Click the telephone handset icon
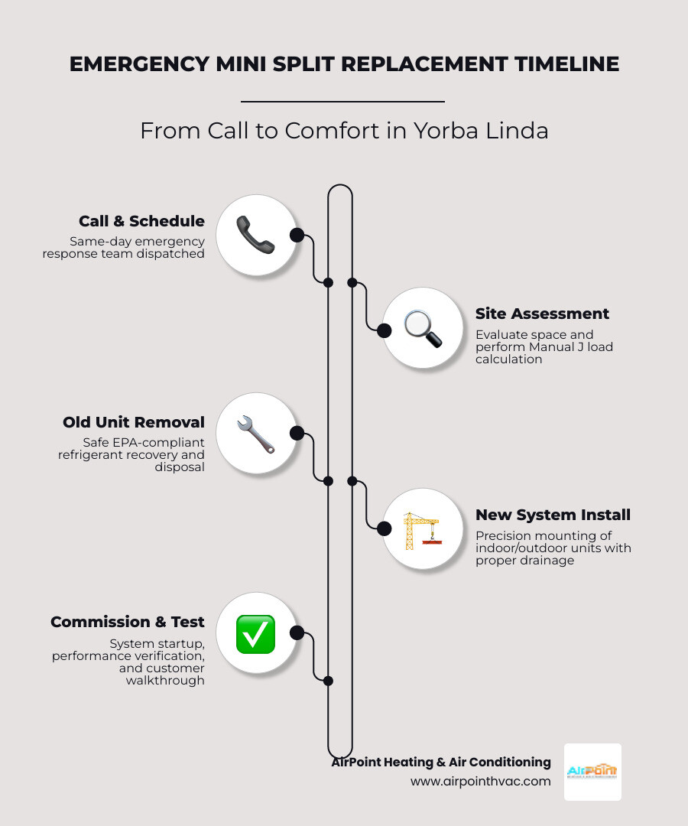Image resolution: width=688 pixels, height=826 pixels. pos(255,235)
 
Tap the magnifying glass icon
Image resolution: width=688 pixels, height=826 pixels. pos(423,329)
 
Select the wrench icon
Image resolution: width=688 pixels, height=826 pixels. pos(255,434)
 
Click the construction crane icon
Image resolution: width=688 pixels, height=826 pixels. pos(421,529)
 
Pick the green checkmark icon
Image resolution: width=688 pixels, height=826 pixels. pos(255,634)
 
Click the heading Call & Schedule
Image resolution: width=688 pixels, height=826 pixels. pos(141,221)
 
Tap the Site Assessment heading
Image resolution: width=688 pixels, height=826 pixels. pos(542,314)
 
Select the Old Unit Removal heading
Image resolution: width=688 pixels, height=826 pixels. pos(134,422)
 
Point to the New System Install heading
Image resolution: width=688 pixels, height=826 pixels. pos(553,515)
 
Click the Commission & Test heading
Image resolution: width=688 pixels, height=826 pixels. pos(128,622)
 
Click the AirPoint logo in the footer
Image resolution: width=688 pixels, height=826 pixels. pos(592,772)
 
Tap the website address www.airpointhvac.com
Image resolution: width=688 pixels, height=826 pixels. pos(480,781)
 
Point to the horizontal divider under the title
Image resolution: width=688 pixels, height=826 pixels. pos(342,101)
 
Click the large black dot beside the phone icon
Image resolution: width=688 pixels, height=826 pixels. pos(297,235)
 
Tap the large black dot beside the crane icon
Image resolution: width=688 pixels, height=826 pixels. pos(385,528)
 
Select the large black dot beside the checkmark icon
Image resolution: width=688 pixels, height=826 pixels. pos(297,633)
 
